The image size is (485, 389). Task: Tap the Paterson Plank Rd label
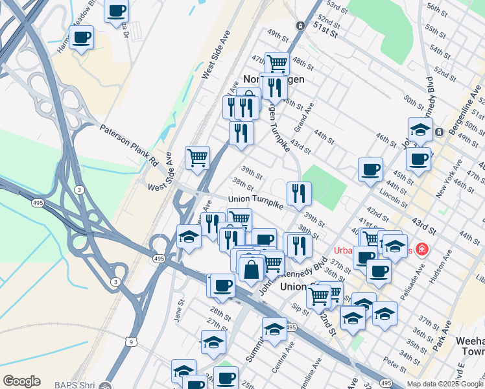click(129, 145)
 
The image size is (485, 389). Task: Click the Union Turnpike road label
click(256, 203)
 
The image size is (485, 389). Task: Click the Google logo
click(21, 381)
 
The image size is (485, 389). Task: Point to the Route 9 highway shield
click(131, 340)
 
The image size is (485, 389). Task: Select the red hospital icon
click(422, 249)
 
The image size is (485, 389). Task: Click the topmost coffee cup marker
click(117, 10)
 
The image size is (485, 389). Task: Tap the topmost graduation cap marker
click(420, 129)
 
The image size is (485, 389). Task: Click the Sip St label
click(300, 304)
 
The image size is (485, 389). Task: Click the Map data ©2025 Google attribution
click(445, 384)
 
